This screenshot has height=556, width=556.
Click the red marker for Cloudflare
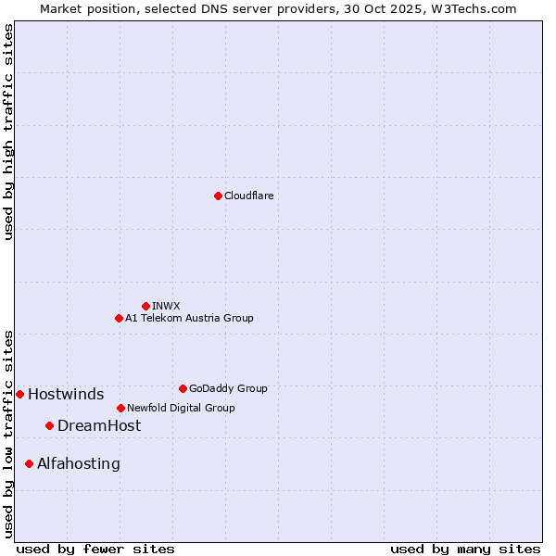coord(218,196)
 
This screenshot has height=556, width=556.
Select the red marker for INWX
coord(145,306)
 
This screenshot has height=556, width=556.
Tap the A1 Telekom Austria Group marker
coord(119,318)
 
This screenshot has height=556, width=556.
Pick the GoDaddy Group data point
coord(183,388)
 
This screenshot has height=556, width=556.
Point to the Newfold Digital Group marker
coord(120,408)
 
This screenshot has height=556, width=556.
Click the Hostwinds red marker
coord(19,394)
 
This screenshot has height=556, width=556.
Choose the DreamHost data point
coord(49,425)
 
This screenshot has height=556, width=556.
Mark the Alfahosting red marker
coord(29,463)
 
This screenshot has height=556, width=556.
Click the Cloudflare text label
coord(249,196)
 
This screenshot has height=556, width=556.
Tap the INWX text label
coord(166,306)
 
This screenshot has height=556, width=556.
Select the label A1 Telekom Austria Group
coord(189,318)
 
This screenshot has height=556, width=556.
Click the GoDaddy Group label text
coord(228,388)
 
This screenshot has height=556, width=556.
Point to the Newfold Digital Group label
coord(181,408)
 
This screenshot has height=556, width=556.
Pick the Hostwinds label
coord(66,394)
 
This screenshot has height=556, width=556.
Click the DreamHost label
coord(99,425)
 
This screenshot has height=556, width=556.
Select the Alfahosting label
coord(79,463)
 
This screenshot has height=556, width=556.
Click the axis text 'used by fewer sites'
coord(95,549)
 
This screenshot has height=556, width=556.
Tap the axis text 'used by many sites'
coord(465,549)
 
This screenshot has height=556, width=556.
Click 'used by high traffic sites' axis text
coord(8,132)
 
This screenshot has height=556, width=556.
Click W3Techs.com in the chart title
coord(471,8)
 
